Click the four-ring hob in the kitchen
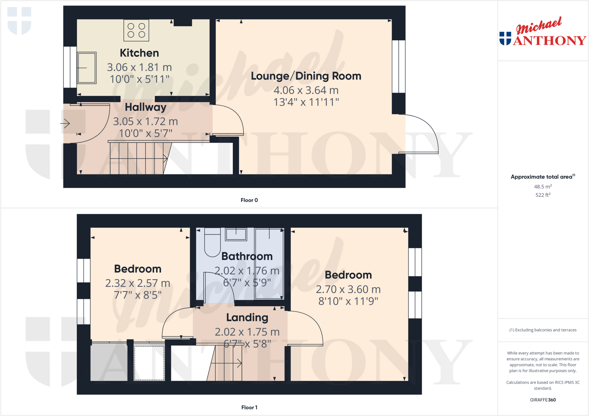[136, 30]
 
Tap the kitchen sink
[87, 68]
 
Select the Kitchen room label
[139, 53]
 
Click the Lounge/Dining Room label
[306, 76]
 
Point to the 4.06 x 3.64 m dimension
[306, 90]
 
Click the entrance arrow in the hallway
[65, 124]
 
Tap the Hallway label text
[146, 107]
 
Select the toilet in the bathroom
[212, 244]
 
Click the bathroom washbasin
[236, 234]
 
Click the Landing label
[247, 318]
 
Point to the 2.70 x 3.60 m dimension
[348, 289]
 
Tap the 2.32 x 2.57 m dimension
[137, 283]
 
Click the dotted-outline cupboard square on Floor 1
[149, 363]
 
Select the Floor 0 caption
[249, 200]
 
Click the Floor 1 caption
[249, 407]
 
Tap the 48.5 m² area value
[543, 187]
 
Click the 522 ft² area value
[543, 195]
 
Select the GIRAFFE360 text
[543, 400]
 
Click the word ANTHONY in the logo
[549, 40]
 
